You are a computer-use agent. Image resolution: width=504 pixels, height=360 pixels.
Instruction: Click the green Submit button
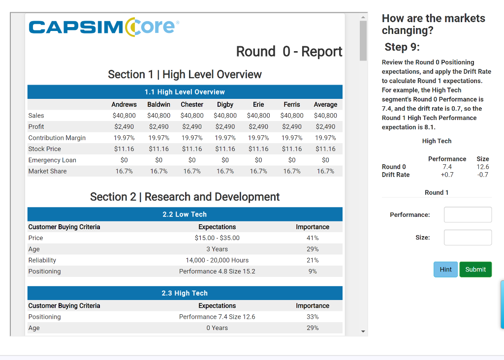[475, 270]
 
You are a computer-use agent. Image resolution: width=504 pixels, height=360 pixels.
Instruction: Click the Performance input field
[468, 215]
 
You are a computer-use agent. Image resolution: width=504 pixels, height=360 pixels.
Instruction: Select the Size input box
[468, 238]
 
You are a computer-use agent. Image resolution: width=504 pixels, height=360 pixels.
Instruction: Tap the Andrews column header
[124, 104]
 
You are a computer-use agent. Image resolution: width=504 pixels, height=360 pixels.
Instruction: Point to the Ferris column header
[291, 104]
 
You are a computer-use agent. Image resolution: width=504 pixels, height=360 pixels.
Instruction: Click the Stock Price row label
[45, 149]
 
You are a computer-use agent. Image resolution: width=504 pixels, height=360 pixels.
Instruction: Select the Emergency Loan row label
[52, 160]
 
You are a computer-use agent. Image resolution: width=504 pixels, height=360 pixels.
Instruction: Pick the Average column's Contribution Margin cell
[325, 138]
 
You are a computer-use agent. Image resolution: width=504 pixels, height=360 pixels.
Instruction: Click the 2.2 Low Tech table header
[185, 214]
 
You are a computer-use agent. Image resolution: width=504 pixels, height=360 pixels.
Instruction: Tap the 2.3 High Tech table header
[185, 293]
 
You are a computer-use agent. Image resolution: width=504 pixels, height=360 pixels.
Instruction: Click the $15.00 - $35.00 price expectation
[217, 238]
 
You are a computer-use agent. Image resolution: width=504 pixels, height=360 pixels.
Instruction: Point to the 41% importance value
[313, 238]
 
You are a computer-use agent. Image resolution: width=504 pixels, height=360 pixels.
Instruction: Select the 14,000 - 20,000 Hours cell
[217, 260]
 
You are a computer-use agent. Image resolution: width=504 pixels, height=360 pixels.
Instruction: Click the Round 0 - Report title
[289, 51]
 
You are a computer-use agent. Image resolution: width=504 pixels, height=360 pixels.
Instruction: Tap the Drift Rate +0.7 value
[447, 175]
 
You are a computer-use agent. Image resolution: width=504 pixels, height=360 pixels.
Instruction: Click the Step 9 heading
[402, 47]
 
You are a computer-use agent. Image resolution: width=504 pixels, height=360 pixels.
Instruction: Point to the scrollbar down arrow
[363, 331]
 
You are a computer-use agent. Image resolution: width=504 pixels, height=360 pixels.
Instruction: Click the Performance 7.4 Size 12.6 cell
[217, 317]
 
